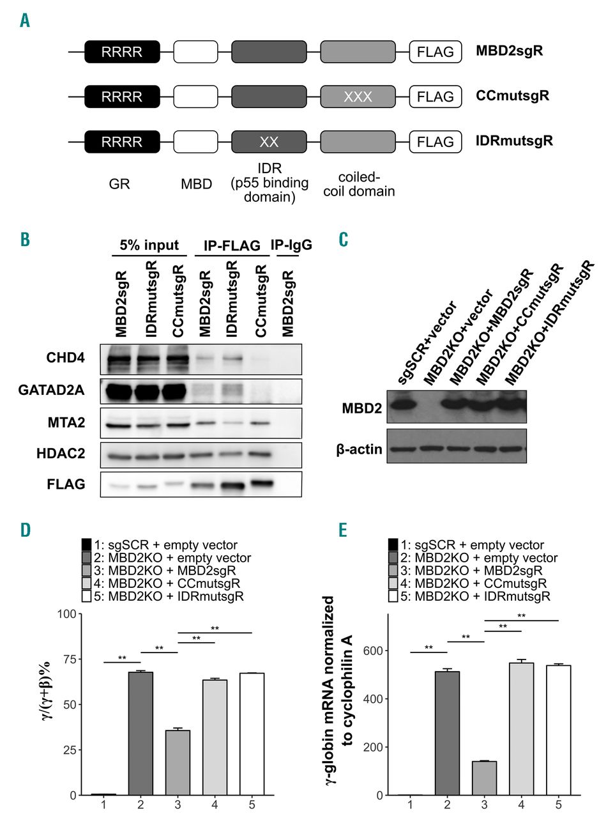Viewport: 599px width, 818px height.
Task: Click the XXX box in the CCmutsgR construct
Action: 358,96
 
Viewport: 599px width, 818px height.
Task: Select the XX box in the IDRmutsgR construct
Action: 269,142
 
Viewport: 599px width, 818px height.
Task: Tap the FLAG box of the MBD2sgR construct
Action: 436,52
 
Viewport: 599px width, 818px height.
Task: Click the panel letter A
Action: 25,20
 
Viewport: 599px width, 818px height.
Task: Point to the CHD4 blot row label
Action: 66,357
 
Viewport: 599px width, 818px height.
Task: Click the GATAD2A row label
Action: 52,390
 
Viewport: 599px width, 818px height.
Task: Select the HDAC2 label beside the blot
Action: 61,453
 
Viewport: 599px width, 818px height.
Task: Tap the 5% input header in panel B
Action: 149,245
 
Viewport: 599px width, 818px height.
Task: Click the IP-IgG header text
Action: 291,245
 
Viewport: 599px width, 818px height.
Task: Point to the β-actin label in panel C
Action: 360,449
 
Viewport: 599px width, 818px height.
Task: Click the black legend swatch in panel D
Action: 86,545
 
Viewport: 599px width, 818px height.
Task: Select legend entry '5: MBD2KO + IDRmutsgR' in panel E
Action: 470,596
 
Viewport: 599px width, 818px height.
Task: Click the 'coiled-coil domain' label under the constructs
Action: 359,184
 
